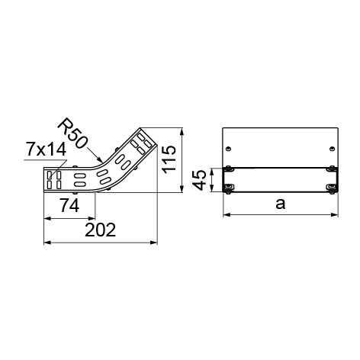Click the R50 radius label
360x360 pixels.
coord(72,133)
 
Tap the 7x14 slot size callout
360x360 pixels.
coord(47,149)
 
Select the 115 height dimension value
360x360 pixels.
coord(169,159)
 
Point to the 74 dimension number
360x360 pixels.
coord(69,206)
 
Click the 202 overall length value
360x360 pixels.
coord(100,230)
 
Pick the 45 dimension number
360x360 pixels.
coord(200,180)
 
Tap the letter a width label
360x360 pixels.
coord(281,204)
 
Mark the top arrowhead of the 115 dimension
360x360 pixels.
coord(182,131)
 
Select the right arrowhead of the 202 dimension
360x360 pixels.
coord(154,243)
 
